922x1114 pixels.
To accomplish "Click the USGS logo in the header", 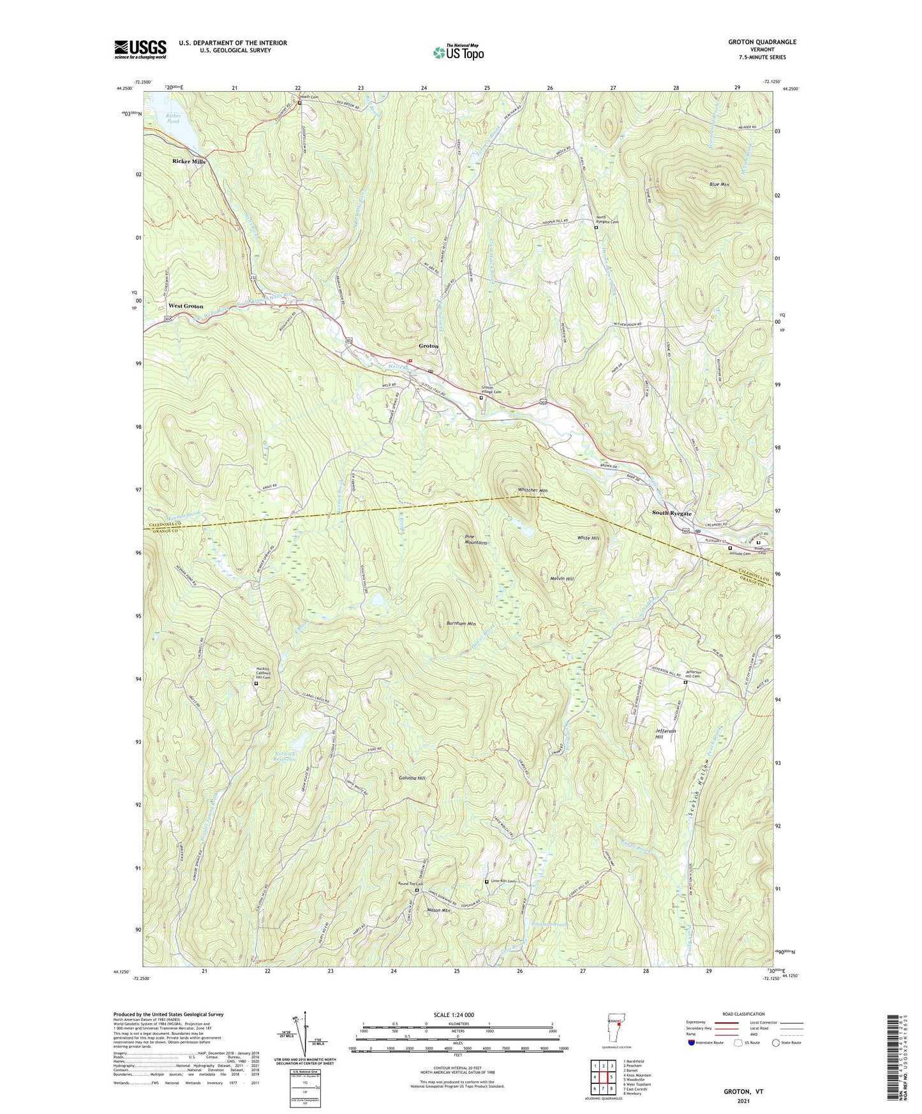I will click(140, 49).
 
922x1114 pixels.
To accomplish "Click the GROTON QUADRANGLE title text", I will click(762, 42).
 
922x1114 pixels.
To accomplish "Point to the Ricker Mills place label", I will click(189, 162).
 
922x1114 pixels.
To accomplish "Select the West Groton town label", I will click(186, 306).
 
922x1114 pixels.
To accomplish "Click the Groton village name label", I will click(428, 346).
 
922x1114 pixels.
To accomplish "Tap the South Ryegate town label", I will click(671, 514).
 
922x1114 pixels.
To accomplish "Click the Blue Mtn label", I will click(719, 184).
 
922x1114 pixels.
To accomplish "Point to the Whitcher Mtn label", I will click(532, 491).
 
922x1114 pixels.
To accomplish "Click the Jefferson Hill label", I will click(665, 734).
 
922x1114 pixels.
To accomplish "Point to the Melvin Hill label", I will click(561, 579).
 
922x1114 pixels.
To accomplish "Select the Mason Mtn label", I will click(438, 910).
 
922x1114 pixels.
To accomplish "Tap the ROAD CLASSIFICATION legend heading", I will click(743, 1014).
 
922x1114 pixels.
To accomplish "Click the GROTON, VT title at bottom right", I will click(743, 1092).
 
